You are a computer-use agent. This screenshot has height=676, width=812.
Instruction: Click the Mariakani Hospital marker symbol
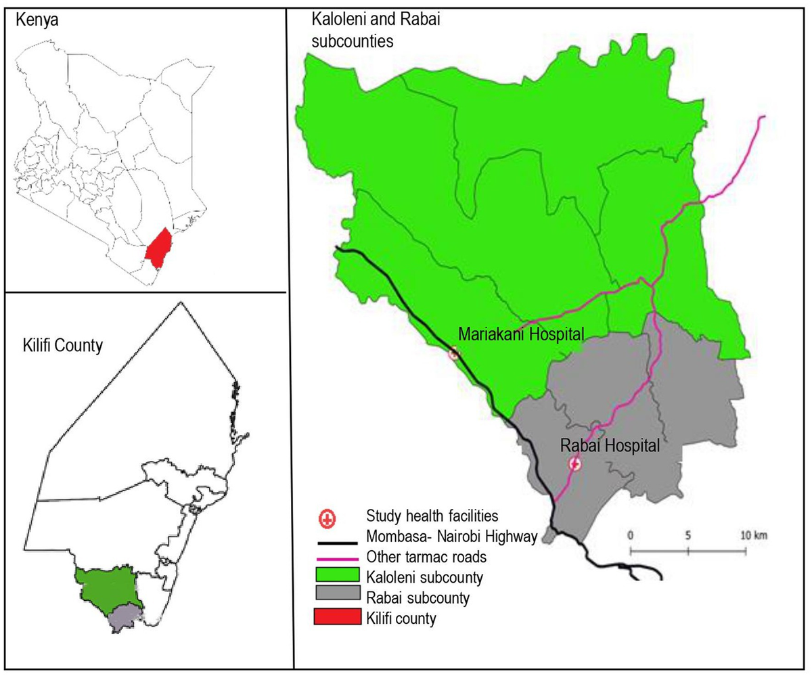(x=454, y=353)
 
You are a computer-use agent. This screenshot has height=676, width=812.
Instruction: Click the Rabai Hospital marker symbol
(x=574, y=464)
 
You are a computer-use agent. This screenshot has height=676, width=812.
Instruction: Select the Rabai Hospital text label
(x=610, y=446)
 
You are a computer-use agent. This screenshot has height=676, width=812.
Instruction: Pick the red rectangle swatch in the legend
(x=336, y=618)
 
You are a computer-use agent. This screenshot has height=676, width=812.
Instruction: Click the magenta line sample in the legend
(x=336, y=559)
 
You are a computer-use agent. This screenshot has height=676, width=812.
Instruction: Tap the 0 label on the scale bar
(x=631, y=535)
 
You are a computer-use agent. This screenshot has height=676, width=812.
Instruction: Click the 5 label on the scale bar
(x=688, y=535)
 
